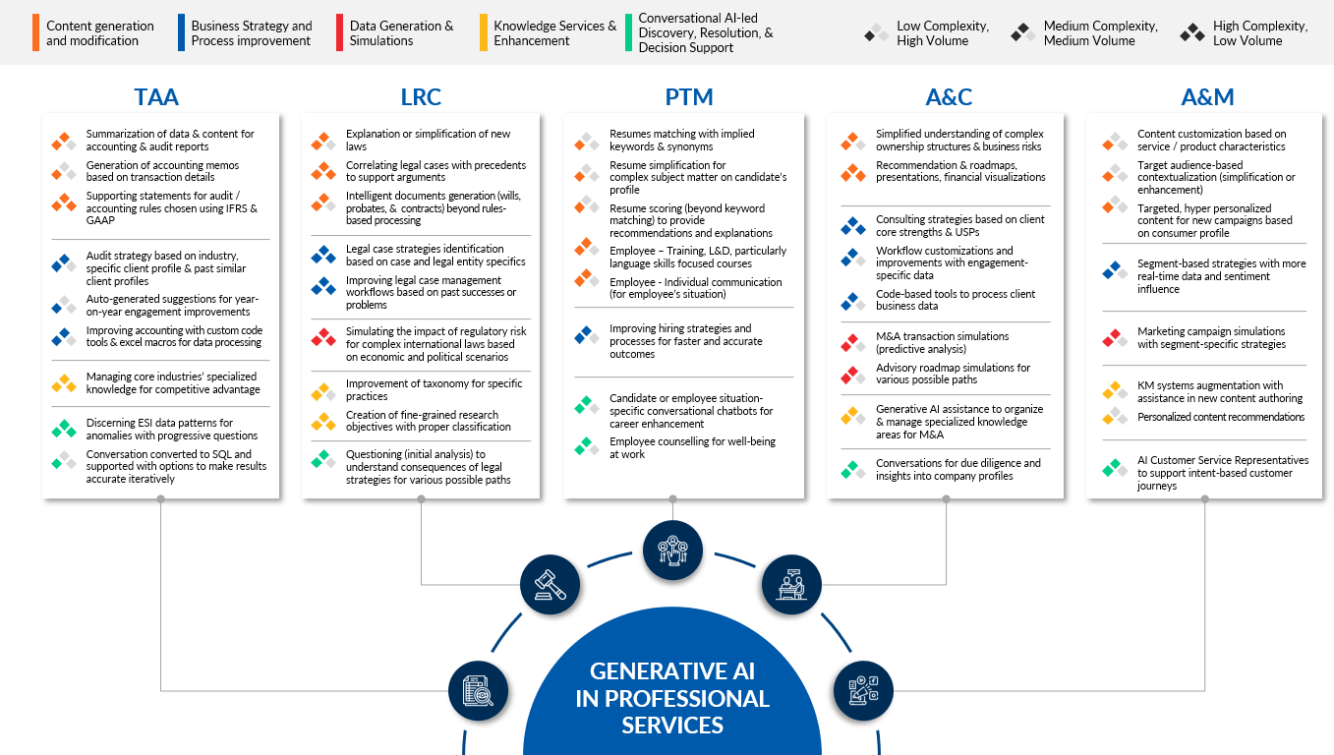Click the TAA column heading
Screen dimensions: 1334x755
point(156,97)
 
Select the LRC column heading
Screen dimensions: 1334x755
point(421,97)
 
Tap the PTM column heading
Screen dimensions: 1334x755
point(689,97)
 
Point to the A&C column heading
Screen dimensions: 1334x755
point(949,97)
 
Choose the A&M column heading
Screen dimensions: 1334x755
point(1208,97)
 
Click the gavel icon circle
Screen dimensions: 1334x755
point(550,585)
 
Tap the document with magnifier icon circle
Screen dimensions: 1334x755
point(478,691)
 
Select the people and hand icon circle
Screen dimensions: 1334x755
point(673,551)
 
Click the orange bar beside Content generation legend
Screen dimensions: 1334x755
point(35,32)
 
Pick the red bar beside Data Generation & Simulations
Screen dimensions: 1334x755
point(339,32)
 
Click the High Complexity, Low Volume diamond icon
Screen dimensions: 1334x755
point(1192,32)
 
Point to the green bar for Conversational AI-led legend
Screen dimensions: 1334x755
point(628,32)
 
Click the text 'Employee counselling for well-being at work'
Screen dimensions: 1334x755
point(692,447)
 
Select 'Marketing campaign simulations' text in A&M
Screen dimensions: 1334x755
point(1211,331)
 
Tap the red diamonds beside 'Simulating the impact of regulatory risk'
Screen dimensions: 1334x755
point(323,337)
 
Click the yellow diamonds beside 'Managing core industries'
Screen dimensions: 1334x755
point(64,383)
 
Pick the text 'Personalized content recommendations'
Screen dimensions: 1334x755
point(1221,417)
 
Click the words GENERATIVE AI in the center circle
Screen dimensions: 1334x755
point(672,671)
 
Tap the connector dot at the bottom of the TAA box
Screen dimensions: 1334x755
point(161,499)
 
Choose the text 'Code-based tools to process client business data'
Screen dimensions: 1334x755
point(956,300)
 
